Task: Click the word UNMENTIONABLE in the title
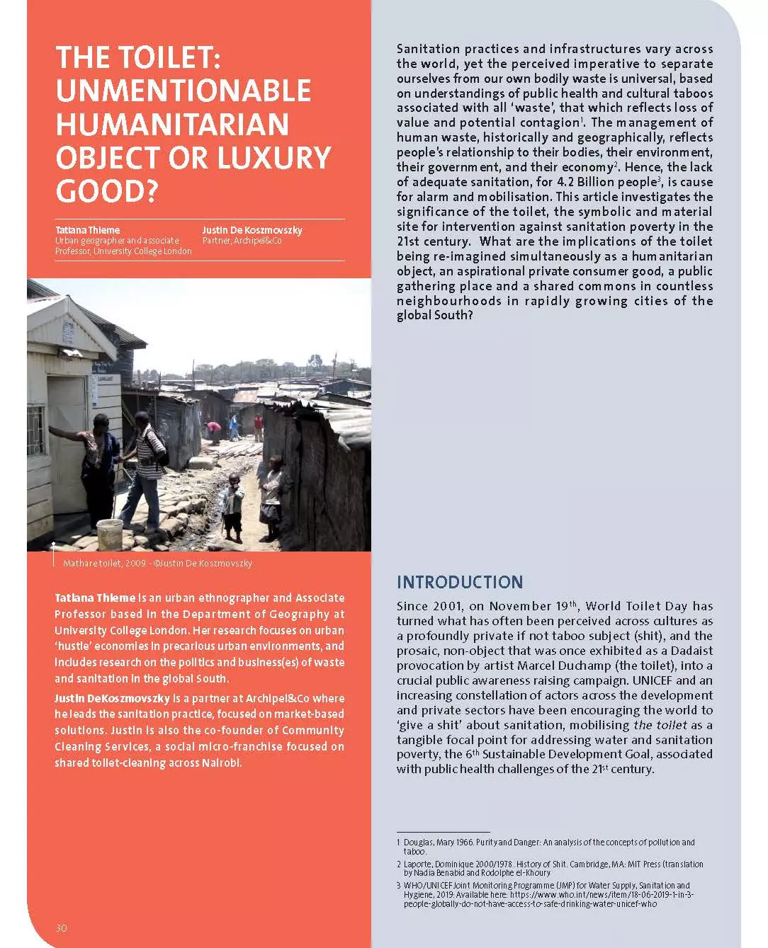183,91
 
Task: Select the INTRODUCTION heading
460,582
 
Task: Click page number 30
62,927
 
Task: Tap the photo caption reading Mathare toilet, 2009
105,564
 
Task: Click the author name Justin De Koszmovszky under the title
252,230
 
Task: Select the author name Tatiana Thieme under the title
88,230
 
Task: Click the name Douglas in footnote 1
419,843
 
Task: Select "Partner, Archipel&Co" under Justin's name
242,241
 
